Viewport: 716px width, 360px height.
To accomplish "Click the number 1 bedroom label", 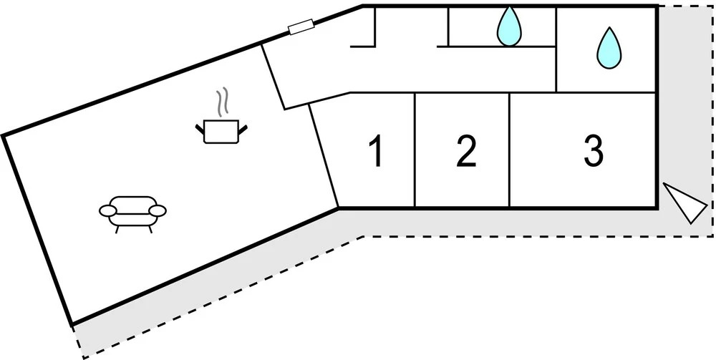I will [x=374, y=152].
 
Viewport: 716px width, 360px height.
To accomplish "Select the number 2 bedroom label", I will [x=466, y=152].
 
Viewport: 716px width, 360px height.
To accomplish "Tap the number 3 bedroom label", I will [x=593, y=151].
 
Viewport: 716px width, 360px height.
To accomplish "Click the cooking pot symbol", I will [x=221, y=131].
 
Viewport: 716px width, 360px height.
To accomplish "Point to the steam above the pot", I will [x=224, y=102].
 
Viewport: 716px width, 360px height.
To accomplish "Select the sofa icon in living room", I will [x=133, y=211].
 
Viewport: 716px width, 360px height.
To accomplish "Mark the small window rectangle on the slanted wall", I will [x=301, y=27].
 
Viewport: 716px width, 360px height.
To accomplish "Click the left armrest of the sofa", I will [x=108, y=210].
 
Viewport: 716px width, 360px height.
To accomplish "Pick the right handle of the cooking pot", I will [x=243, y=130].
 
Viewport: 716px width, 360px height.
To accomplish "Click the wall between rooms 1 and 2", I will [x=415, y=150].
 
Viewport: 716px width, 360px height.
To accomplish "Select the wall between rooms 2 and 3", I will [x=510, y=150].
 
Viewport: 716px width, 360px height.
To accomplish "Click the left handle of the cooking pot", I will [x=200, y=130].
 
